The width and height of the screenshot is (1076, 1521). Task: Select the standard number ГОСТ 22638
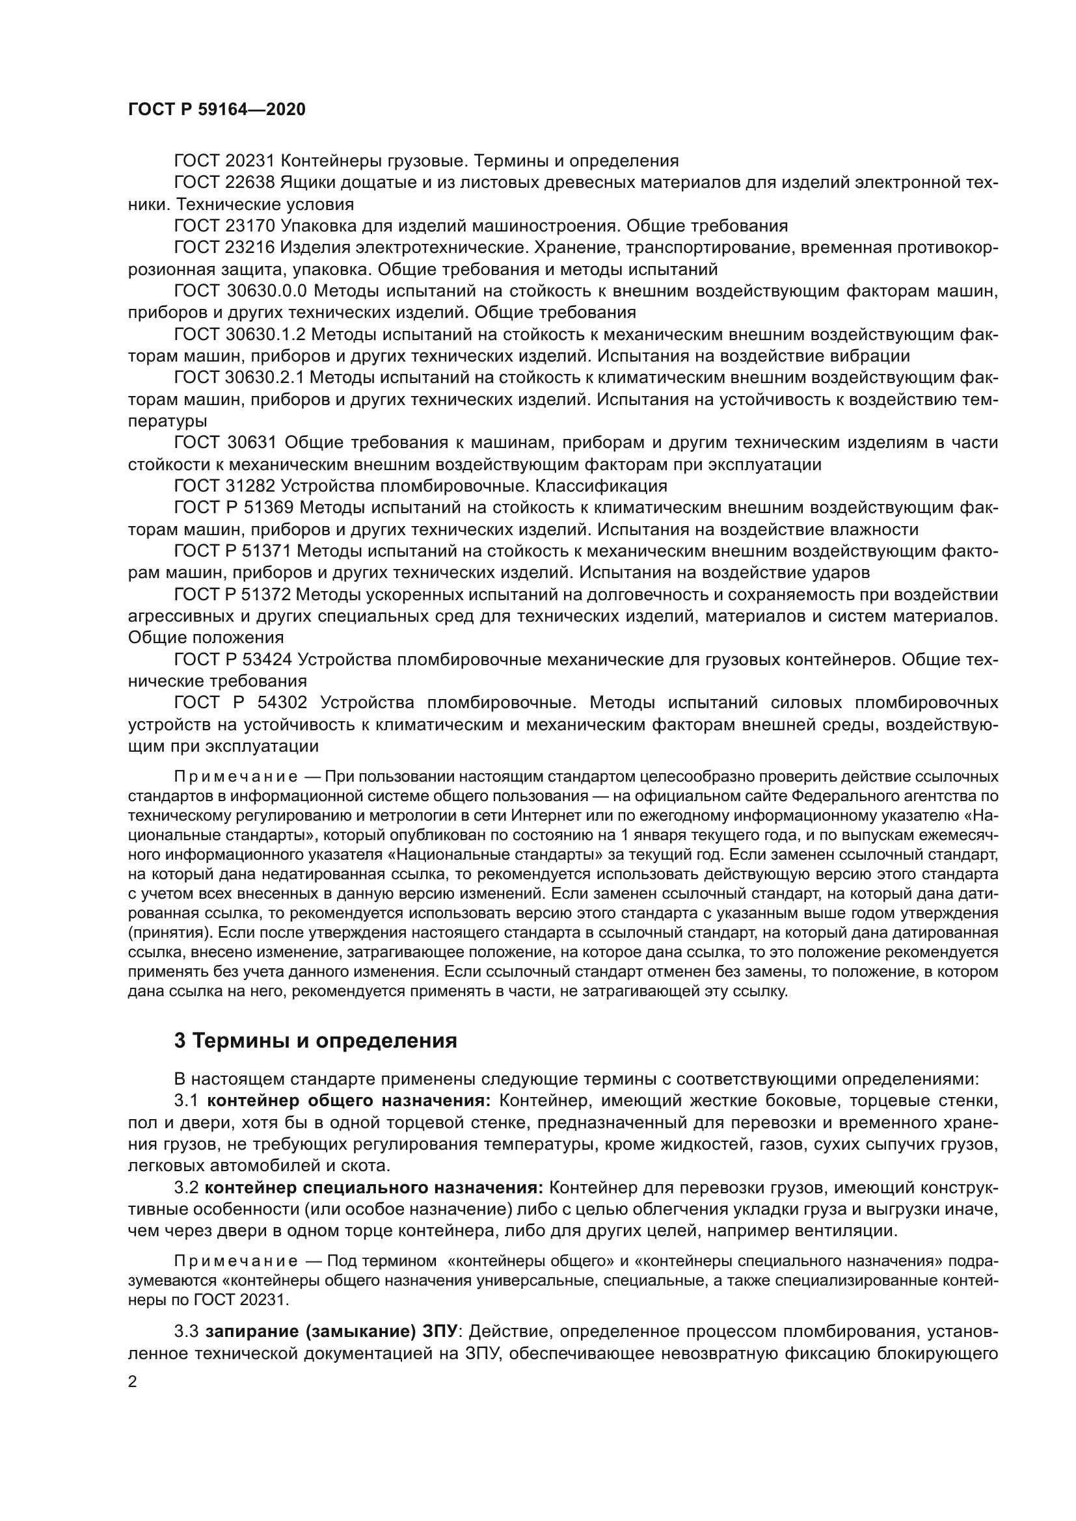[x=224, y=182]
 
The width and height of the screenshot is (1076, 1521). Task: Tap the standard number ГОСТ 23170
[x=224, y=226]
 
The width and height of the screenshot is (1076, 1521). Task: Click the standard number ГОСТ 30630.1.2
[x=239, y=334]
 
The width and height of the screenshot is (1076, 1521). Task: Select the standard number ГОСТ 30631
[x=224, y=443]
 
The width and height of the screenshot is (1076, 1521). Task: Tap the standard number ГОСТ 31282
[x=224, y=486]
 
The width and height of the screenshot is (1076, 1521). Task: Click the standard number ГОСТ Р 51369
[x=234, y=508]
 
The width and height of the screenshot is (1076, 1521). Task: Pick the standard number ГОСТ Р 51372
[x=234, y=595]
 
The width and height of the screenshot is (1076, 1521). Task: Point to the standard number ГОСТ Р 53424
[x=234, y=660]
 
